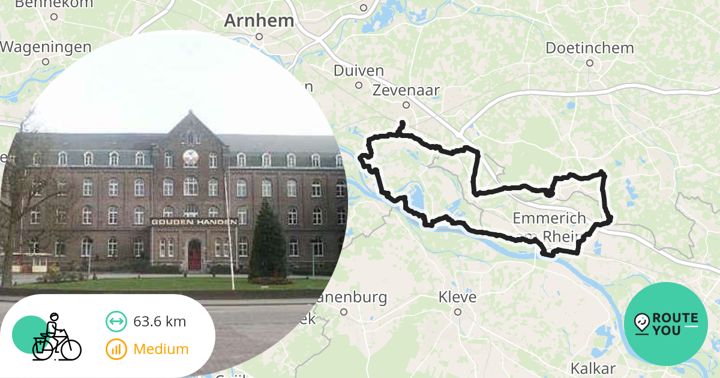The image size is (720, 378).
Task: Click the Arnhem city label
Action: (259, 21)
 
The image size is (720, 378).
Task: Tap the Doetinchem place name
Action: (590, 48)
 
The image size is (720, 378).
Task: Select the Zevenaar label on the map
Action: (406, 91)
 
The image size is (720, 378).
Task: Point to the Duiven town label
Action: (359, 71)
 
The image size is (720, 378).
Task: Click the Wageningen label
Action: (46, 47)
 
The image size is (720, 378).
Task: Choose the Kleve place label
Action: (457, 297)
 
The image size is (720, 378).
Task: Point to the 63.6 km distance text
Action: (160, 322)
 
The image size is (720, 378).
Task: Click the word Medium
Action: (161, 349)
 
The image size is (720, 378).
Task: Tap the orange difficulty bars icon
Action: (116, 349)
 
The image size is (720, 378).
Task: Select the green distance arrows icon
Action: (116, 322)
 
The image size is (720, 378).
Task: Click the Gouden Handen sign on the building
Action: (193, 221)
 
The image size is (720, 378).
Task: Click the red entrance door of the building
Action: (194, 255)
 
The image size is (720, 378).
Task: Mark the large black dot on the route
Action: (548, 193)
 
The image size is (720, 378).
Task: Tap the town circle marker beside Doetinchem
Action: (590, 62)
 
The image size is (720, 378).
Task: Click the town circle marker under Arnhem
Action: (259, 36)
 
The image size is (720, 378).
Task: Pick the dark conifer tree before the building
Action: (267, 243)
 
